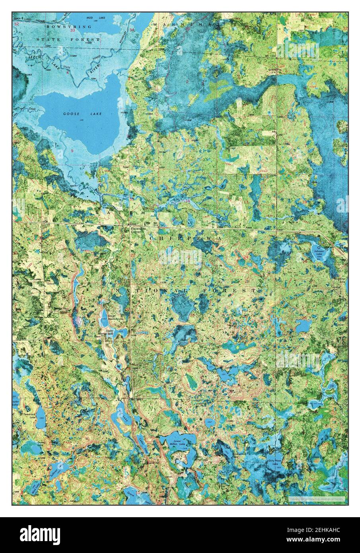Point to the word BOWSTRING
63,26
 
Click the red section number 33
72,30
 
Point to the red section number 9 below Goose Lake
72,151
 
